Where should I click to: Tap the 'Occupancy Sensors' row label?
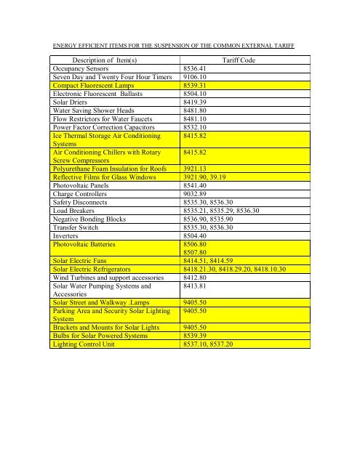coord(84,71)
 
